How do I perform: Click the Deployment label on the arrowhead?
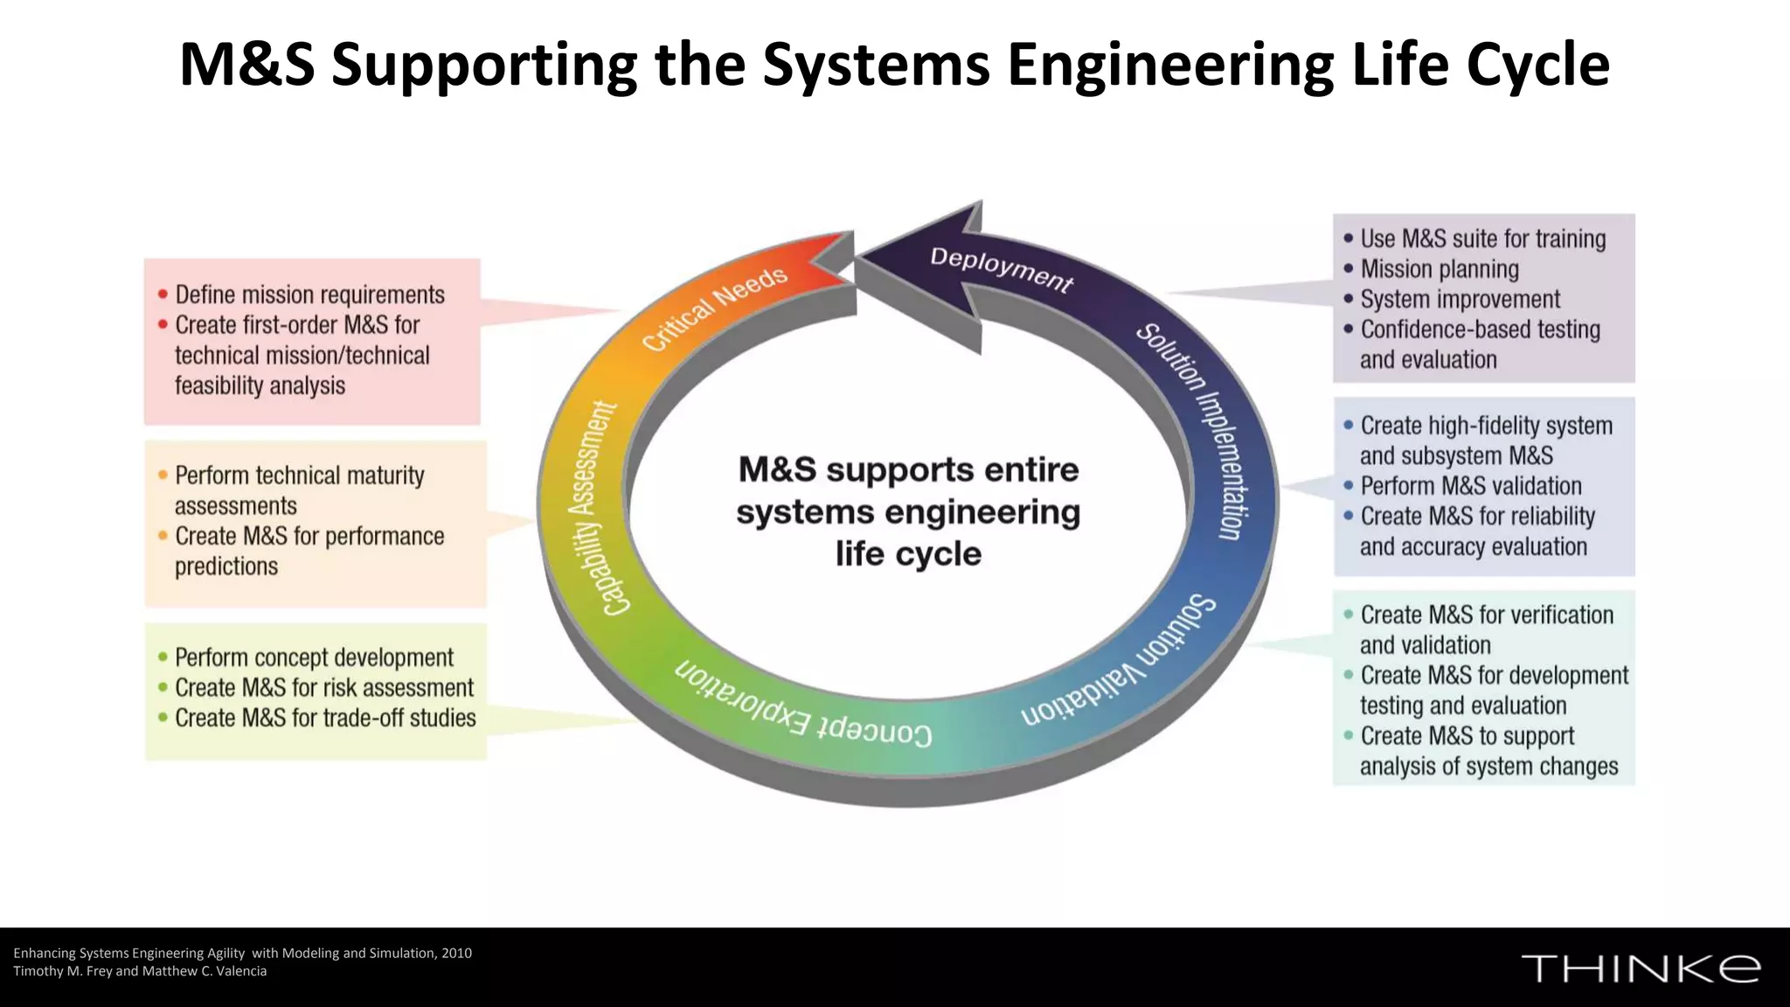[x=1001, y=269]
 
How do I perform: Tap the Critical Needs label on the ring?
[x=715, y=308]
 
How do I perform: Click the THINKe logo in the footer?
[x=1641, y=969]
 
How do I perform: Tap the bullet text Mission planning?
[x=1439, y=269]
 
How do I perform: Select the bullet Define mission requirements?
[x=309, y=295]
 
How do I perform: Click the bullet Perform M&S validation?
[x=1470, y=486]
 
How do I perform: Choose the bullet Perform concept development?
[x=314, y=657]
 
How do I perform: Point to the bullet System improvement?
[x=1460, y=299]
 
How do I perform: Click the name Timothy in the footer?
[x=38, y=971]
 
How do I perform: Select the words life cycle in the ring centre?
[x=908, y=554]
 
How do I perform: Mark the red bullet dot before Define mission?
[x=163, y=295]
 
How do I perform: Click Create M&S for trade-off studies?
[x=325, y=718]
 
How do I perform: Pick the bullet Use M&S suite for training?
[x=1482, y=239]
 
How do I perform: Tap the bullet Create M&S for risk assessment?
[x=323, y=688]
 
